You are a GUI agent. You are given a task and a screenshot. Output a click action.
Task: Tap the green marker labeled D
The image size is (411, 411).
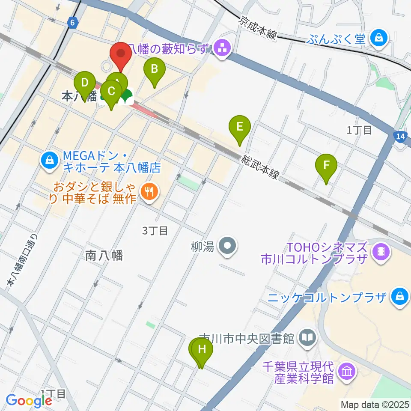85,83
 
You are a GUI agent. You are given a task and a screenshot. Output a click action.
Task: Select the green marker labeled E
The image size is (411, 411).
240,127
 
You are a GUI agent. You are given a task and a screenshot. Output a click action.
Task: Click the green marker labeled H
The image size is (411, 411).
202,349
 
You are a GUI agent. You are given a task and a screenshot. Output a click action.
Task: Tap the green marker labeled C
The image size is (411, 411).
111,92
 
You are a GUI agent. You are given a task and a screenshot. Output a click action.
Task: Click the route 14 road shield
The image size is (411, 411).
399,137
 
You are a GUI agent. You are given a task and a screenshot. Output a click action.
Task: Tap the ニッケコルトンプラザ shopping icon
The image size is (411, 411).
399,296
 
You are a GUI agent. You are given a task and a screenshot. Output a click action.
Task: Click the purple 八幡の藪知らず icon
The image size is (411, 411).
222,49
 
